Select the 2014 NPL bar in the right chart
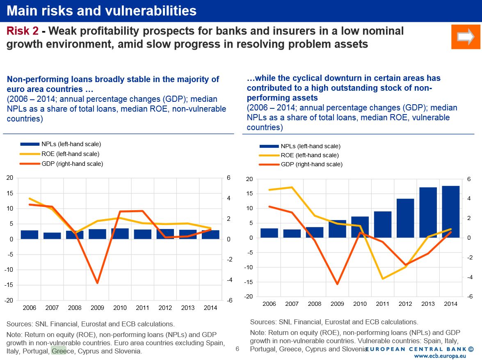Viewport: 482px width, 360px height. (450, 212)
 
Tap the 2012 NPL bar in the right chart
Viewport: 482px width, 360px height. (405, 218)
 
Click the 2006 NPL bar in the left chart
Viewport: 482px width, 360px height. (30, 235)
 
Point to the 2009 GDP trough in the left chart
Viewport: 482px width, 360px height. (97, 283)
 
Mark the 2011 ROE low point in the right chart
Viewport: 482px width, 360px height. (383, 279)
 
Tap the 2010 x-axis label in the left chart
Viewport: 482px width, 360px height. (120, 308)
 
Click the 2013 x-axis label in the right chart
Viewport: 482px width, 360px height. (428, 304)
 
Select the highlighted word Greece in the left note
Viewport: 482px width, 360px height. (59, 351)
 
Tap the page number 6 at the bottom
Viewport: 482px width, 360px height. (237, 349)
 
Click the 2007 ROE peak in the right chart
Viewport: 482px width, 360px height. (292, 188)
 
